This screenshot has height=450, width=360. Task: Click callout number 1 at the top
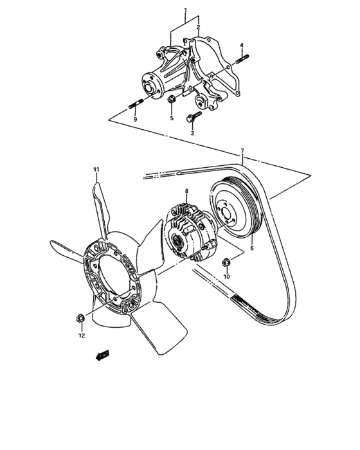coord(186,11)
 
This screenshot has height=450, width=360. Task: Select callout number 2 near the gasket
coord(199,28)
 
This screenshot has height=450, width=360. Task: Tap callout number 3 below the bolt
coord(192,133)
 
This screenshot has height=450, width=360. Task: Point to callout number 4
coord(242,44)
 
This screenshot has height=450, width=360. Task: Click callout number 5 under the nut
coord(172,119)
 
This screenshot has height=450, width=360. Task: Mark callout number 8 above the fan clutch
coord(187,191)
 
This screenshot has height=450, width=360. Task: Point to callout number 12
coord(82,336)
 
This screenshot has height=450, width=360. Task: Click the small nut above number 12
coord(79,318)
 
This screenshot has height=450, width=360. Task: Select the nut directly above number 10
coord(226,262)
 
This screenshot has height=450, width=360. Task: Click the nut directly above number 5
coord(172,100)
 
